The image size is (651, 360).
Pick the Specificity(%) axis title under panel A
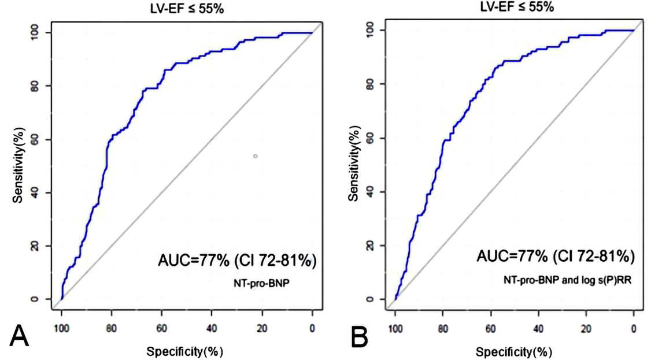(x=185, y=351)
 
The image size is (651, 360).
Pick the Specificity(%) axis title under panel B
(x=514, y=350)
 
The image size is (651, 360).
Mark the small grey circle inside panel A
(x=255, y=156)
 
